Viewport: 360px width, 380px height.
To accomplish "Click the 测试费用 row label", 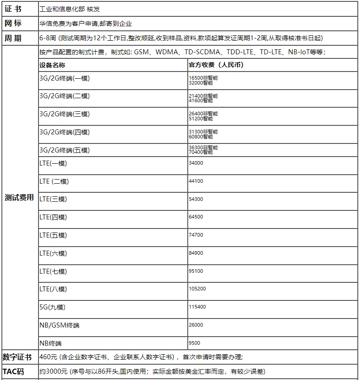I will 19,197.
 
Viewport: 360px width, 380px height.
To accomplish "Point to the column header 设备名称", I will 52,65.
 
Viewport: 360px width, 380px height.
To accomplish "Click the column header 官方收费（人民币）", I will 216,65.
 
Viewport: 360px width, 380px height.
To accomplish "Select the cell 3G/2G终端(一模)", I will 64,78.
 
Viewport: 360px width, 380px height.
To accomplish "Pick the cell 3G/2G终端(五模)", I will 64,150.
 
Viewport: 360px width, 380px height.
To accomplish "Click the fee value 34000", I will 196,163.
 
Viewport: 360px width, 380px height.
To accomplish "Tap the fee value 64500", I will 196,217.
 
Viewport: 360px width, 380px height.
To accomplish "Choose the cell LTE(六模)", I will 53,253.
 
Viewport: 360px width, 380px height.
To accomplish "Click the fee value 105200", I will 197,289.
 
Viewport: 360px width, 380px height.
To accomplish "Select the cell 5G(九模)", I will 52,307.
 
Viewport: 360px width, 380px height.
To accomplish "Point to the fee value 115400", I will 197,307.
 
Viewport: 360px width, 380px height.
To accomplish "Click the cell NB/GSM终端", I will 59,325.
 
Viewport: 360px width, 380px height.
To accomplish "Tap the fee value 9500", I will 194,343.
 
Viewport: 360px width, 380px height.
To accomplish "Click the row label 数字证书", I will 17,357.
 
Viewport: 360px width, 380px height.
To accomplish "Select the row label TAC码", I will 14,371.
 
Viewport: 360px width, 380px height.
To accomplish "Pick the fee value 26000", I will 196,325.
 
